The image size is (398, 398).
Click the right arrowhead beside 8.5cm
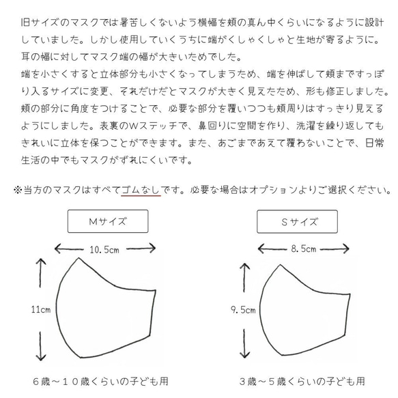339,249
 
